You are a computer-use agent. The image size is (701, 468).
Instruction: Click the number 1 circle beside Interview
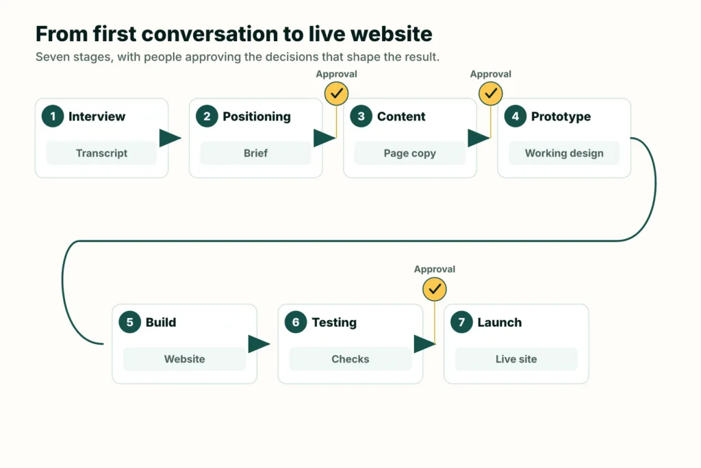click(53, 116)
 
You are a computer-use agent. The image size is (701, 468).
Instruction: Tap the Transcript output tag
click(101, 153)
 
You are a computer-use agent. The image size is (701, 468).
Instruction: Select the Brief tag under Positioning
click(256, 153)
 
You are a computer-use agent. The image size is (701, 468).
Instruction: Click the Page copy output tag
click(410, 153)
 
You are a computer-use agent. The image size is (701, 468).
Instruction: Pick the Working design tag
click(564, 153)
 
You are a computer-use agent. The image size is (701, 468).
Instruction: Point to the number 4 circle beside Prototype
click(515, 116)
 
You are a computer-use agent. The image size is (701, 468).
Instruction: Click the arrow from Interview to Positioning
click(170, 138)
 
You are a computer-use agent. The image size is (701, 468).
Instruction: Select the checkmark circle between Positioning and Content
click(337, 93)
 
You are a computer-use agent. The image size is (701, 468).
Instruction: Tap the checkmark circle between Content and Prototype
click(491, 93)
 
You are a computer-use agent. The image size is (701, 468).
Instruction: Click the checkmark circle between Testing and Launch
click(435, 289)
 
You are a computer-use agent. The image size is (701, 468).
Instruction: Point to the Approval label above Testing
click(435, 269)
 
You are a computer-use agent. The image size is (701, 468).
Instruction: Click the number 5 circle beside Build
click(129, 322)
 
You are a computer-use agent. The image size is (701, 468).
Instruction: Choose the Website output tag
click(185, 359)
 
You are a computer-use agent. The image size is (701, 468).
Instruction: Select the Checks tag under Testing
click(350, 359)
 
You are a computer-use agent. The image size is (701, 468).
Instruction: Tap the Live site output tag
click(516, 359)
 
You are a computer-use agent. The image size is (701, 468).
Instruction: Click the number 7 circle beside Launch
click(461, 322)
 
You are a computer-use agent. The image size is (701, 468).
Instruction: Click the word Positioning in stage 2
click(257, 116)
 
